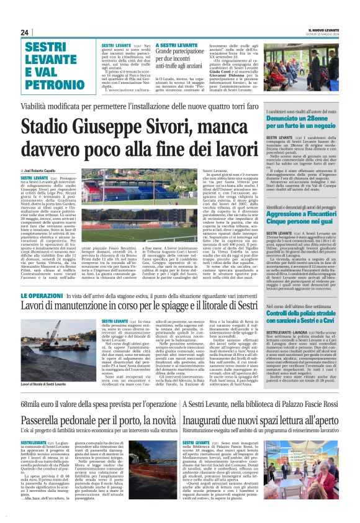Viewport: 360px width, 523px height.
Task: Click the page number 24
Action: pos(25,32)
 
